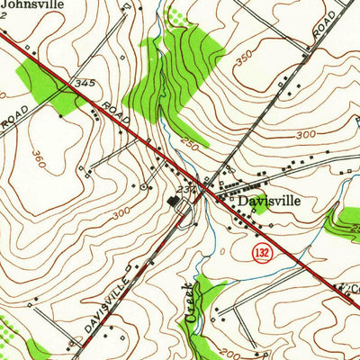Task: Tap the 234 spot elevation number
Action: (x=186, y=190)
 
